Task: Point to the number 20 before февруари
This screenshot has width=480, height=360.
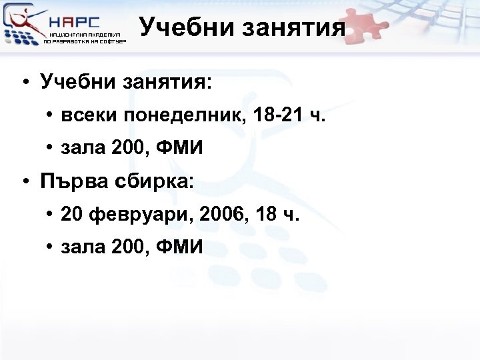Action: tap(71, 215)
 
